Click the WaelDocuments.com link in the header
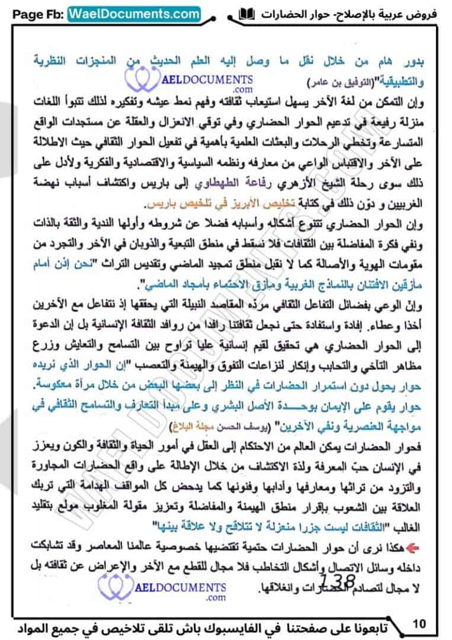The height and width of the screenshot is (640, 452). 134,13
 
